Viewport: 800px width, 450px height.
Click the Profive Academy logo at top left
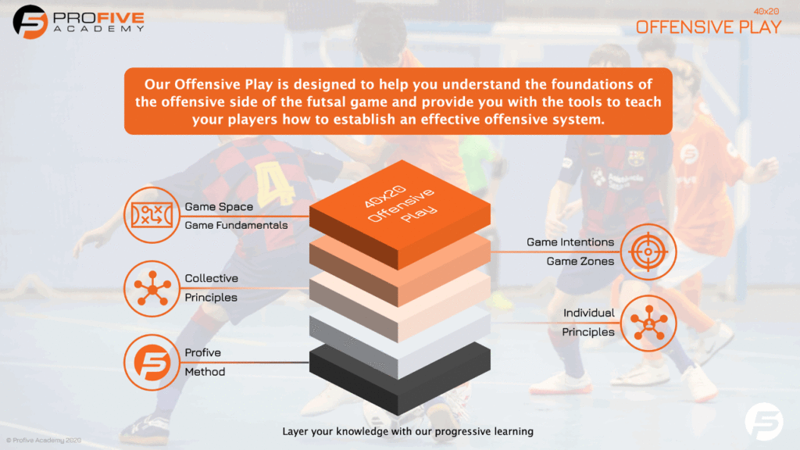(79, 22)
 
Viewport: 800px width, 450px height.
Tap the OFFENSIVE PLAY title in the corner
(708, 27)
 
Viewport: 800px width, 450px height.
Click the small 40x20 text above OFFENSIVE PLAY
(766, 11)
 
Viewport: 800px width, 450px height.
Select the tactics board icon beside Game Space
(152, 215)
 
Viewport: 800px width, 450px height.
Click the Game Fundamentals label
(236, 225)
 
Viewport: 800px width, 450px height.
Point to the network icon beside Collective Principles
(152, 289)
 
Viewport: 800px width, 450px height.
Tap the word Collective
(211, 278)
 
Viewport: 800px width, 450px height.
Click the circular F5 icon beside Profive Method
(152, 362)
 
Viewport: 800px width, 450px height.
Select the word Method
(205, 371)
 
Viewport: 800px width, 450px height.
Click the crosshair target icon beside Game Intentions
(648, 252)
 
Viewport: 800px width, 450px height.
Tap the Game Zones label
(580, 261)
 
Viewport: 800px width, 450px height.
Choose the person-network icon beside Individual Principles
(648, 323)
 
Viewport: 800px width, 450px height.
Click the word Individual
(589, 312)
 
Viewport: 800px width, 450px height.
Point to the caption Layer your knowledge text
(408, 431)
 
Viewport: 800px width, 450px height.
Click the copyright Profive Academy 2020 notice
(44, 440)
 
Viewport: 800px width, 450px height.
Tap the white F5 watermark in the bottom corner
(764, 421)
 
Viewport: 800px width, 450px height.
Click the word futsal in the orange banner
(326, 102)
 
